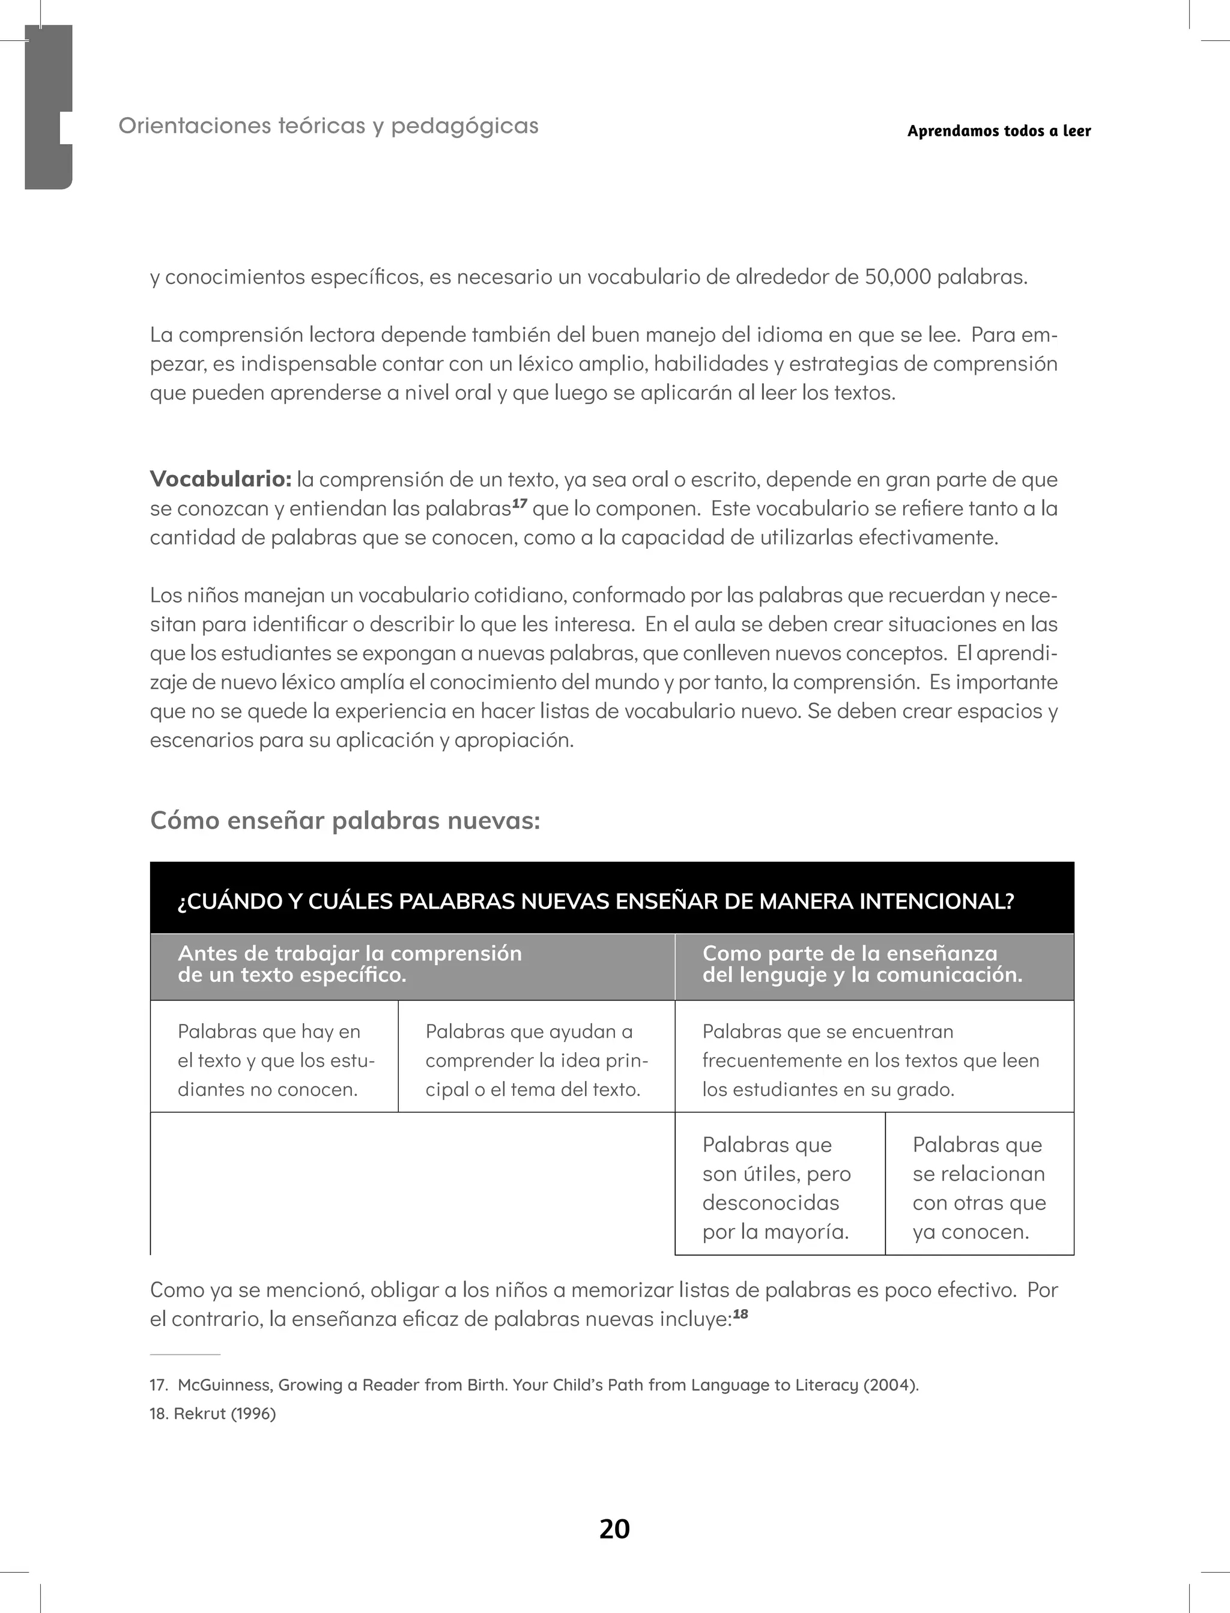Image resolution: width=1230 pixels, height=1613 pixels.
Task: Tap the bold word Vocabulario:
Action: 220,479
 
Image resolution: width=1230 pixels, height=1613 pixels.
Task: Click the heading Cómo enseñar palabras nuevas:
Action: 345,820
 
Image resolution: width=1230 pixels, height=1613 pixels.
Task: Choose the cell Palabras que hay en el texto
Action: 274,1060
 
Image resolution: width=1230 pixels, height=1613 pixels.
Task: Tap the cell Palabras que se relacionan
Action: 979,1188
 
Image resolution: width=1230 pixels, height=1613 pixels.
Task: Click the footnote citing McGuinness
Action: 534,1385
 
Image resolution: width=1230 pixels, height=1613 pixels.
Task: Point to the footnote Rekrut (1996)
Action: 213,1413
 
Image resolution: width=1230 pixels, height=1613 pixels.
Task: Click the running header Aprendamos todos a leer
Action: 999,131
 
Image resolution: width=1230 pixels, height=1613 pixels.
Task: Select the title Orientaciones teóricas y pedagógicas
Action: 329,126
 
